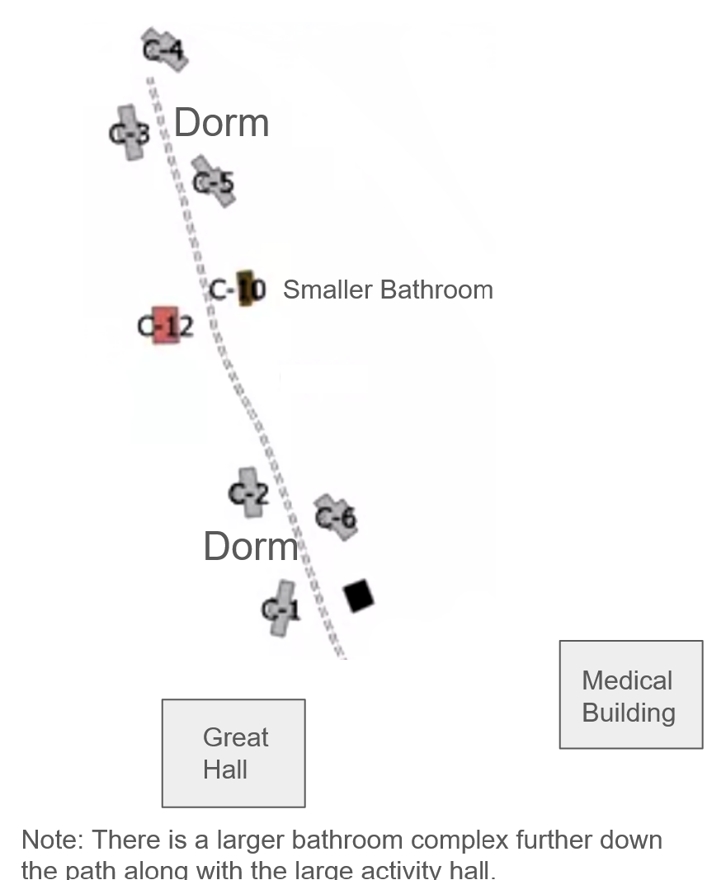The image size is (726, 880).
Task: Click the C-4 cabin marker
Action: [164, 49]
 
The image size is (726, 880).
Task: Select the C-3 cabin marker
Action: [129, 132]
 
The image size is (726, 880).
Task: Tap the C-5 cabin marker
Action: [213, 181]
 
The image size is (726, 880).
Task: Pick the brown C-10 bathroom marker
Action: [245, 289]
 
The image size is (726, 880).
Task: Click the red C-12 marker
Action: [166, 326]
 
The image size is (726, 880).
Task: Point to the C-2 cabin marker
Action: [247, 493]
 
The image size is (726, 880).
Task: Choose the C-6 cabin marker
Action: [336, 517]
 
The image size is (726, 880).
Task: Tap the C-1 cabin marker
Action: [281, 608]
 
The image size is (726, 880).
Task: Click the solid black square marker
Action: [358, 595]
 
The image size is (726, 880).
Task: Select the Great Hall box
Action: [233, 752]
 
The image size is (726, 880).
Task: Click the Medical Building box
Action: [631, 694]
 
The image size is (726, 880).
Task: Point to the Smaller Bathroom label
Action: [388, 289]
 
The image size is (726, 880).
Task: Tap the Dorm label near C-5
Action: [221, 123]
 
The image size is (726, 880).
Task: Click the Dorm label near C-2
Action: [251, 546]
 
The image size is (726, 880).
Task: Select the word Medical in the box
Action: [627, 680]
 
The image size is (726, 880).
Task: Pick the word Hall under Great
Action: [225, 769]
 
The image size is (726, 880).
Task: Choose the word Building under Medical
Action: [629, 713]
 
